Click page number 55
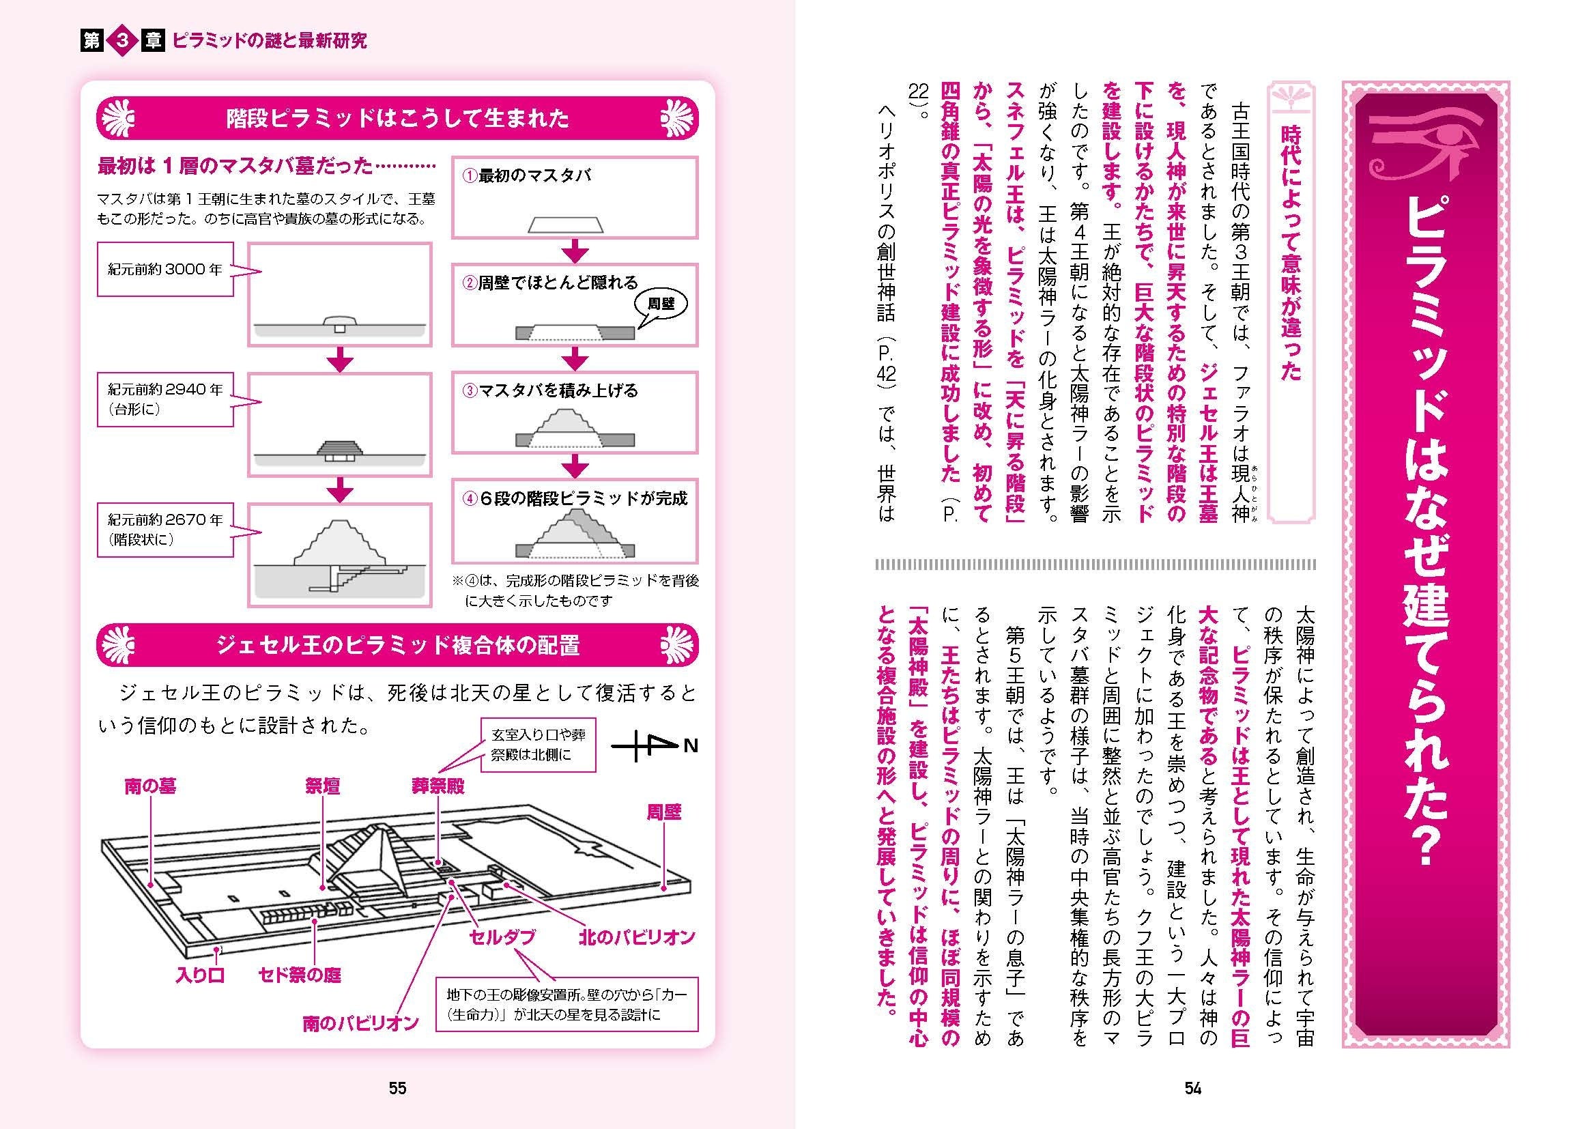[397, 1088]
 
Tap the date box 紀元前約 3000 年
[164, 270]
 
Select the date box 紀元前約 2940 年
[164, 399]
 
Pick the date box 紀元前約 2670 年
[164, 529]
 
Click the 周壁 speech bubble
[660, 304]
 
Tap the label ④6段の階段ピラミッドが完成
[575, 498]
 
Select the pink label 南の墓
[150, 786]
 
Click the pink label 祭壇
[323, 786]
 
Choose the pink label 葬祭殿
[438, 786]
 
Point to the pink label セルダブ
[502, 937]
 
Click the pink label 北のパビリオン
[637, 937]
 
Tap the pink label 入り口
[200, 975]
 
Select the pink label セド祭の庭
[300, 975]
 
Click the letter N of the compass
[690, 746]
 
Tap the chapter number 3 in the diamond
[123, 41]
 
